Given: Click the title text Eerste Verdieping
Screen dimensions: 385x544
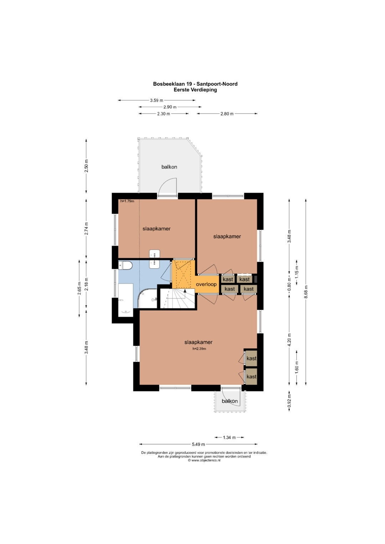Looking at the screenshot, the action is click(x=195, y=90).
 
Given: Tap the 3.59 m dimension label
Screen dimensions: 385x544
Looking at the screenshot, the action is click(x=156, y=100).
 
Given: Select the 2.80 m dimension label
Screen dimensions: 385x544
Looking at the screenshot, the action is click(x=227, y=114).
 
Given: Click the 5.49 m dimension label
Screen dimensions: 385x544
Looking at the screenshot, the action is click(x=198, y=444).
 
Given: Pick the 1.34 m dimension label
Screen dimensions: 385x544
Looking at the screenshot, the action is click(x=229, y=437).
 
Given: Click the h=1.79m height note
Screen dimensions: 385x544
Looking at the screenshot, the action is click(x=127, y=201).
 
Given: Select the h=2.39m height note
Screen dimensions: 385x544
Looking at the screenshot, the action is click(x=199, y=349).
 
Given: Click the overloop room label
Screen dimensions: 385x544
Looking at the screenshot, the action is click(x=206, y=284).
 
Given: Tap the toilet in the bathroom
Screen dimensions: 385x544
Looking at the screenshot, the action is click(x=125, y=265).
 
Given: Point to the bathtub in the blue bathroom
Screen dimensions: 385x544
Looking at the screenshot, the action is click(x=125, y=300).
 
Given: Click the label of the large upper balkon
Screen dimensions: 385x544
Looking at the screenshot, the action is click(x=169, y=167).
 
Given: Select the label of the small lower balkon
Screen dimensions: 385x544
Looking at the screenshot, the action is click(x=230, y=401).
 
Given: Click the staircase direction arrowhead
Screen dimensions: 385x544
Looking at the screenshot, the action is click(x=185, y=290).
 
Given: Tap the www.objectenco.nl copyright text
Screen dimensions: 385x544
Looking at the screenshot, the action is click(x=204, y=460).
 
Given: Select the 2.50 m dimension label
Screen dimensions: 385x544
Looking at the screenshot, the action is click(x=86, y=166).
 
